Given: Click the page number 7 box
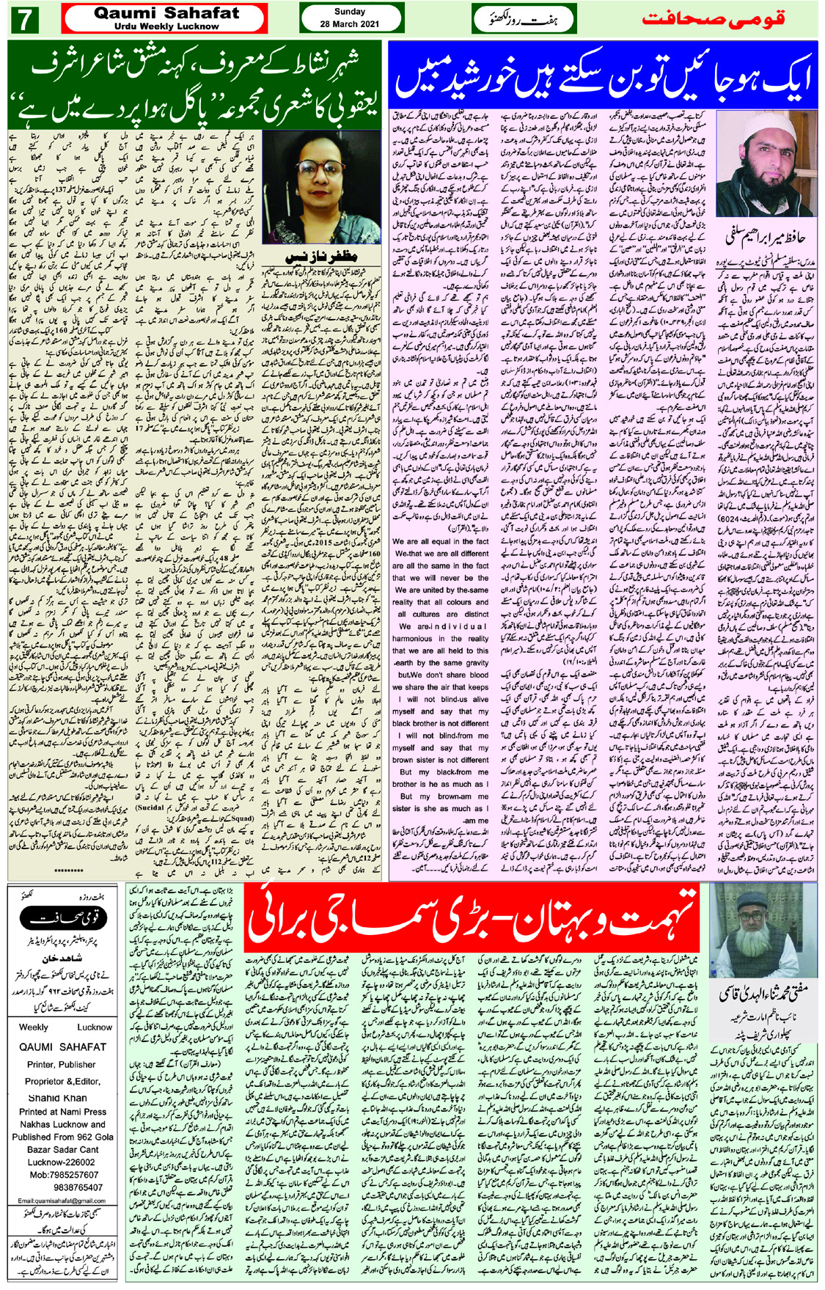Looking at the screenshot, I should point(25,19).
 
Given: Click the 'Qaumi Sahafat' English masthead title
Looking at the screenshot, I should point(166,12).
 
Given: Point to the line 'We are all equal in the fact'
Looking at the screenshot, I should point(440,542).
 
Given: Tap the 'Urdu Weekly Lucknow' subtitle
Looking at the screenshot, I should point(166,26).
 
